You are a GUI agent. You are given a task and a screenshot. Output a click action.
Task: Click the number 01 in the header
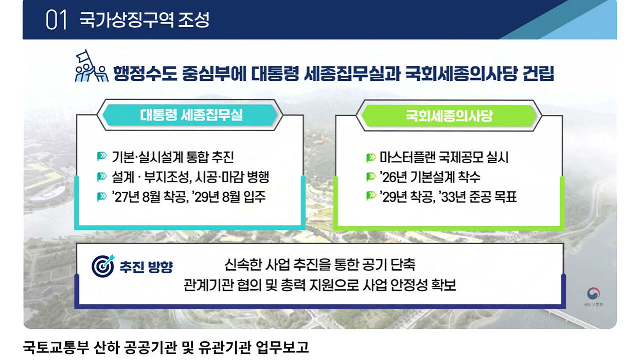coord(56,20)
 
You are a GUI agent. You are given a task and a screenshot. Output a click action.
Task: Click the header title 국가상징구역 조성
coord(144,20)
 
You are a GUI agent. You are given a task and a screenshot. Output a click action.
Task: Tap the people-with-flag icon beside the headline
coord(91,68)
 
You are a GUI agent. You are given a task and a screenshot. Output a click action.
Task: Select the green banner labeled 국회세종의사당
coord(449,116)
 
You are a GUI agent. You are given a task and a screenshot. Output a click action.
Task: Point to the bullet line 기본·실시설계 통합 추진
coord(173,157)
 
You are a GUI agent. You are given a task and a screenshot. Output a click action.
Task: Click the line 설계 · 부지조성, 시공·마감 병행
coord(190,177)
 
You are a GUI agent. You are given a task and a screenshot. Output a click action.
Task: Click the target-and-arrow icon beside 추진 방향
coord(103,266)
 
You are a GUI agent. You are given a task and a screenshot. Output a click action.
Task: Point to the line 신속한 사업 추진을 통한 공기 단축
coord(320,263)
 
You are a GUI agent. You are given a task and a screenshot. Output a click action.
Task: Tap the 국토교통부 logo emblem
coord(593,293)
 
